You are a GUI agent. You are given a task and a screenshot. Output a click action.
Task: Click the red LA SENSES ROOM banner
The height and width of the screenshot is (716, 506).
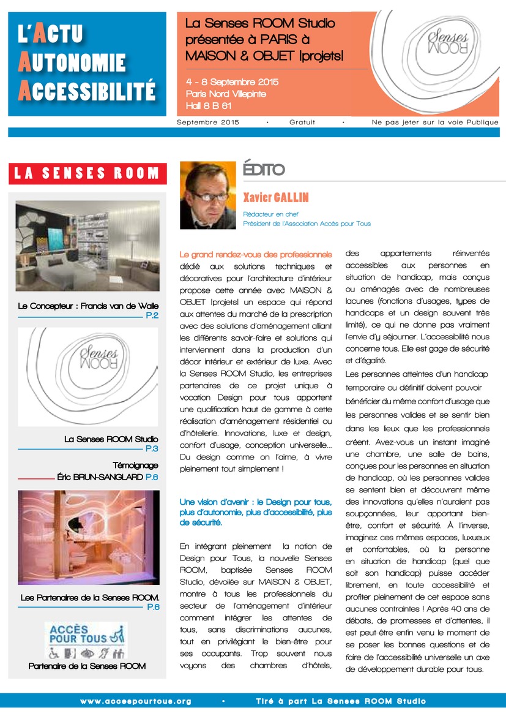87,173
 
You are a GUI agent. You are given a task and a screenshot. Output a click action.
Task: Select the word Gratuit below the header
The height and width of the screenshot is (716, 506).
302,122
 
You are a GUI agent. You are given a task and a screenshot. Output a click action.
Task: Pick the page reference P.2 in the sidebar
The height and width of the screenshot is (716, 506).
152,315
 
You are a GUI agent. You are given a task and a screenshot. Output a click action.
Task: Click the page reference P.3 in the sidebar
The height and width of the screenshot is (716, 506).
152,449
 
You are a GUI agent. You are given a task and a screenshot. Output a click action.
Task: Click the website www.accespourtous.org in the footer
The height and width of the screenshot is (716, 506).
136,701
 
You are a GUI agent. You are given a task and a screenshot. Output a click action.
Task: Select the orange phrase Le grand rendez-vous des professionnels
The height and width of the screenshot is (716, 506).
256,254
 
